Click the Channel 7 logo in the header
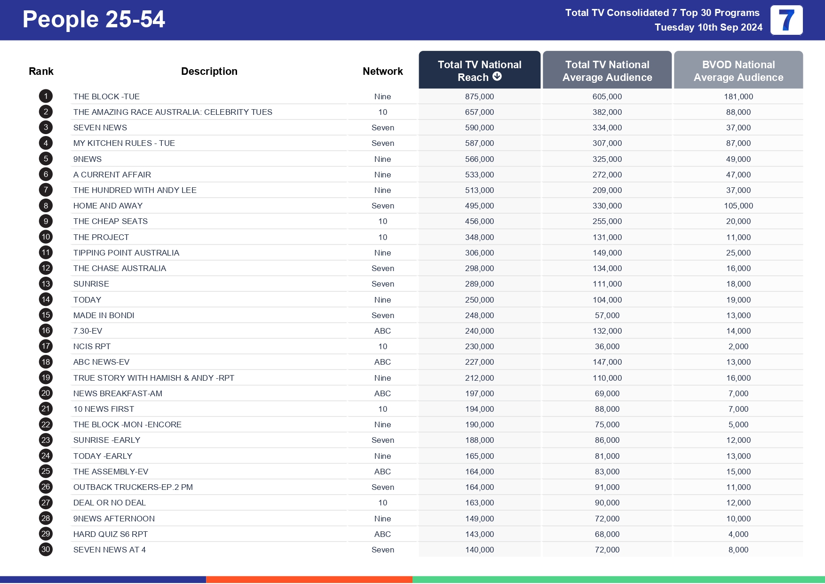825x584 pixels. pos(786,20)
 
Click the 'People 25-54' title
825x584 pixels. pos(94,20)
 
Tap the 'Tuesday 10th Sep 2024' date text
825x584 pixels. pos(708,27)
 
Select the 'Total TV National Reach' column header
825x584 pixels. pos(479,71)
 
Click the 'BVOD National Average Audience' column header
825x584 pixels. pos(738,71)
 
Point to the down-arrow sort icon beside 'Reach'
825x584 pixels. pos(497,77)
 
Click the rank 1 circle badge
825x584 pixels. pos(46,96)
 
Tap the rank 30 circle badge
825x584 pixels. pos(46,550)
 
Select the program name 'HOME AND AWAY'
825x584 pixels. pos(108,206)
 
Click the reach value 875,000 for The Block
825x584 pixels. pos(479,96)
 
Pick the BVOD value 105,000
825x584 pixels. pos(738,206)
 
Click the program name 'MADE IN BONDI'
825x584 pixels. pos(103,315)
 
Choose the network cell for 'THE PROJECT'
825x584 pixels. pos(382,237)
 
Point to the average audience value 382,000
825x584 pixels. pos(607,112)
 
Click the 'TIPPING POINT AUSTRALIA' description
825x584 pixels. pos(126,253)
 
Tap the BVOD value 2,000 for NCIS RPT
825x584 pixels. pos(738,346)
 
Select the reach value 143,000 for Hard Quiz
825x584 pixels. pos(479,534)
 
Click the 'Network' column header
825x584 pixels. pos(382,71)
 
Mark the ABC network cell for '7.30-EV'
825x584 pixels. pos(382,331)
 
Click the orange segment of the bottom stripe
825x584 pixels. pos(309,579)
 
